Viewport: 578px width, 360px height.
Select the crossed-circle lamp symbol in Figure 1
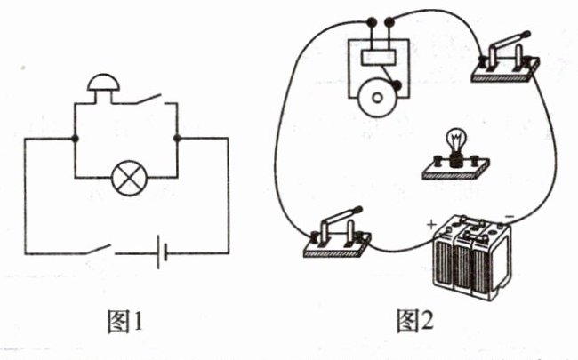[x=125, y=178]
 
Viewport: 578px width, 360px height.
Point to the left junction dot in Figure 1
[x=74, y=139]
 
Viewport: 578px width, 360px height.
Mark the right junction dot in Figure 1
[x=177, y=139]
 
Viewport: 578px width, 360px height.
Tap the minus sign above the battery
[x=508, y=216]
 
